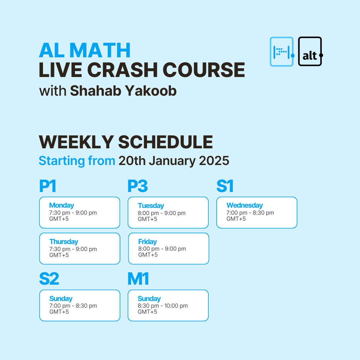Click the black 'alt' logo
pos(310,51)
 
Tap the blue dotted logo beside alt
pos(282,51)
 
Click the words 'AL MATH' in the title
pos(85,51)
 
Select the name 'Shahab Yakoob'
pos(123,90)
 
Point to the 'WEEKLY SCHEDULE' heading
pos(126,142)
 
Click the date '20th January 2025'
pos(174,161)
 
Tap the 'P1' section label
pos(48,186)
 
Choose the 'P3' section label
pos(137,186)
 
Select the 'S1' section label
pos(225,186)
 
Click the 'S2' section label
pos(49,279)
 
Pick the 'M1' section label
pos(138,279)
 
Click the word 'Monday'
pos(61,205)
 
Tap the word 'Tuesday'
pos(151,206)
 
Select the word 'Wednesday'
pos(244,205)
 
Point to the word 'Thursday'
pos(64,242)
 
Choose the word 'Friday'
pos(147,242)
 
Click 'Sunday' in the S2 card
pos(61,299)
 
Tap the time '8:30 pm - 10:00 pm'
pos(163,306)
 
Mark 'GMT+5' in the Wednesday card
pos(236,219)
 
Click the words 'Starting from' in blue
pos(77,161)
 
